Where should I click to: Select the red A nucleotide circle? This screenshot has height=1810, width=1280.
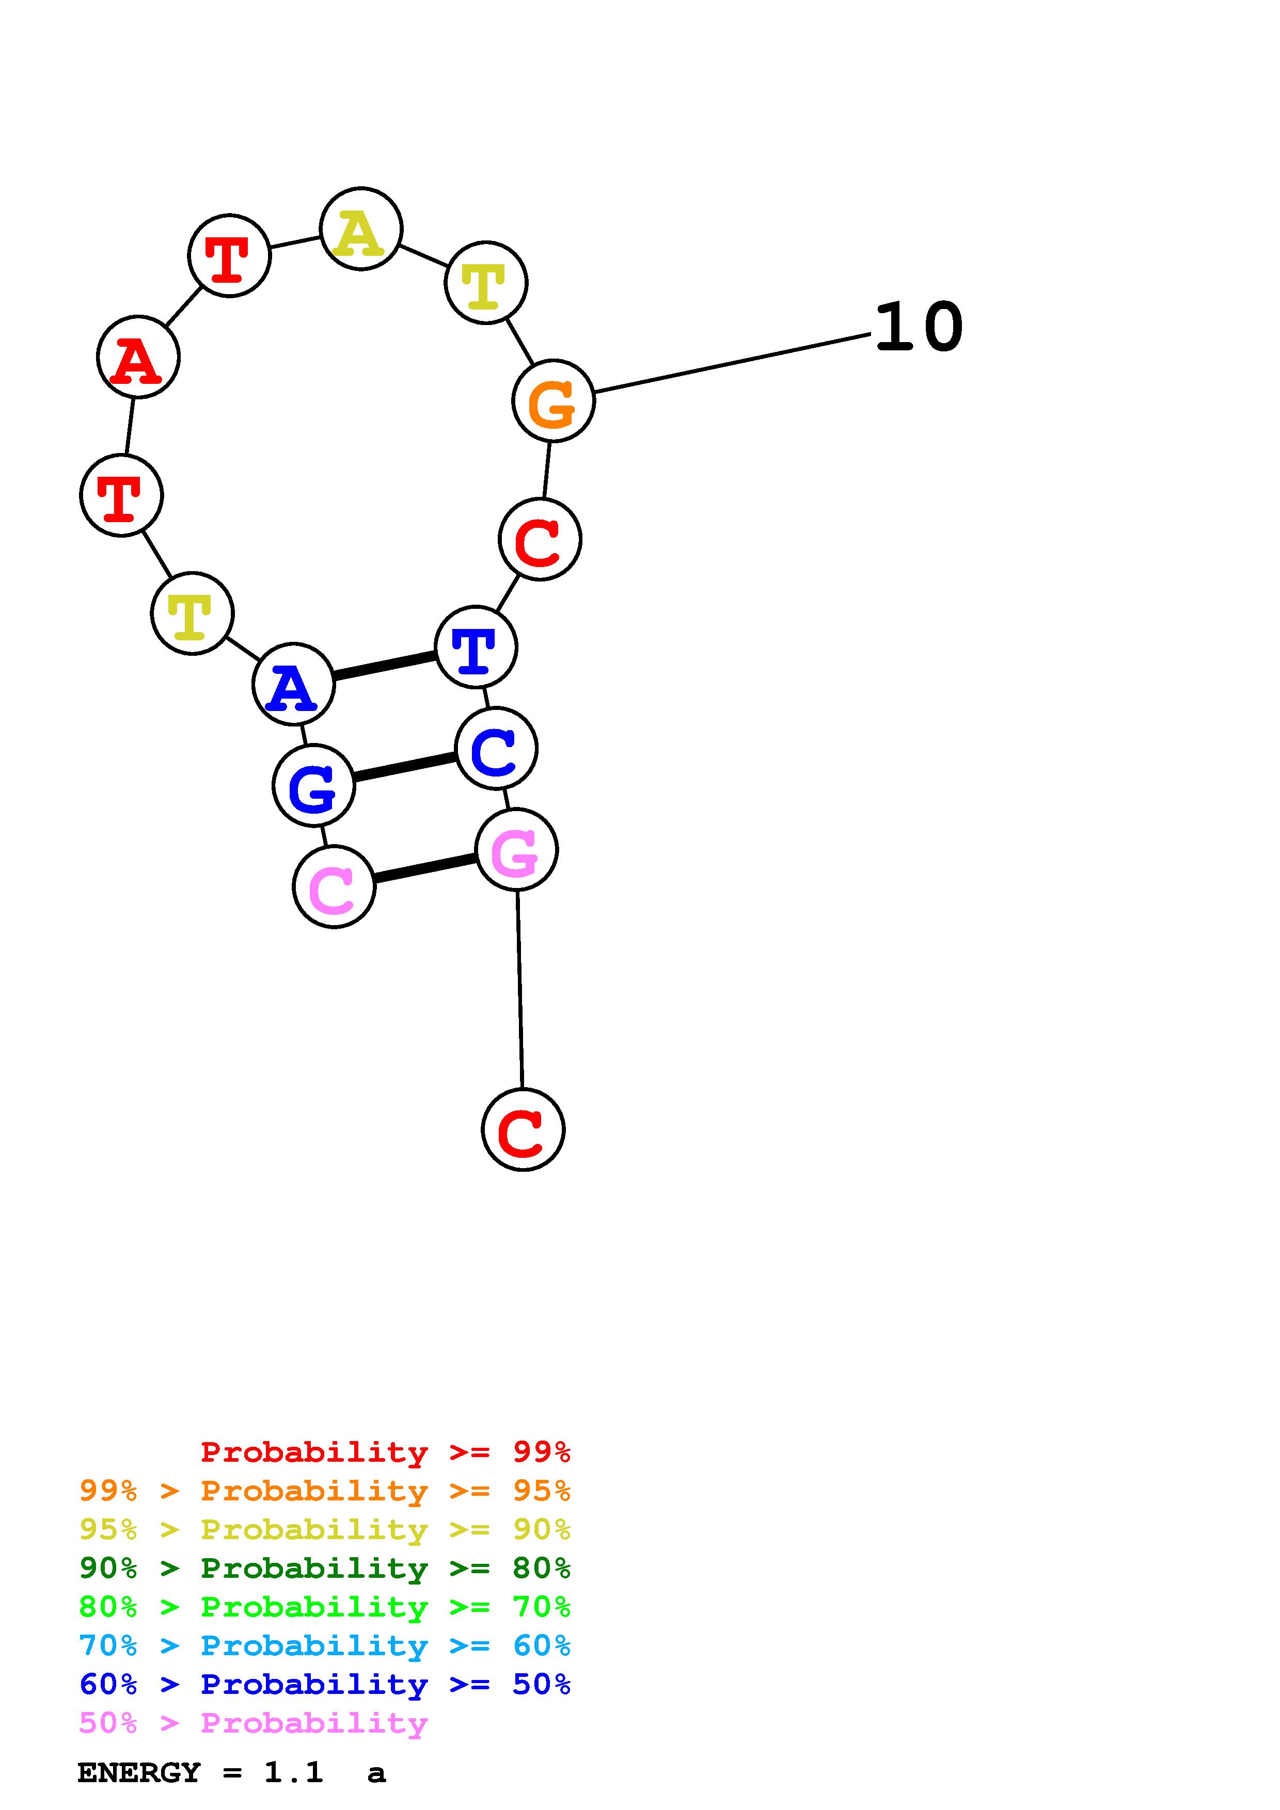pyautogui.click(x=138, y=357)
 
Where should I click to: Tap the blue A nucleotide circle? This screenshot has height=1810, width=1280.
pyautogui.click(x=293, y=684)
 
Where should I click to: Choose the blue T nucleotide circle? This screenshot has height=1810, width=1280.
pyautogui.click(x=476, y=647)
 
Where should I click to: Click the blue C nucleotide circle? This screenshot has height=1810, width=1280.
pyautogui.click(x=496, y=748)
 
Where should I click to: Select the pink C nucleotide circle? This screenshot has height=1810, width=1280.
pyautogui.click(x=334, y=887)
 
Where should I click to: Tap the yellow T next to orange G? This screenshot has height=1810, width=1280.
pyautogui.click(x=486, y=282)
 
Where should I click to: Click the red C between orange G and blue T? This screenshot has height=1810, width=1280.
pyautogui.click(x=540, y=539)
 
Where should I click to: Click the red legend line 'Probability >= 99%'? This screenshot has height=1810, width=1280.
pyautogui.click(x=386, y=1451)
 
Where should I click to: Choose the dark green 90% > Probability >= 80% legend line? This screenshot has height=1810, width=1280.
pyautogui.click(x=325, y=1568)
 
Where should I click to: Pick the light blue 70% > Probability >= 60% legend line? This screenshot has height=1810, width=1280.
pyautogui.click(x=325, y=1645)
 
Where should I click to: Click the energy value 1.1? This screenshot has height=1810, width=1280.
pyautogui.click(x=293, y=1772)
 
